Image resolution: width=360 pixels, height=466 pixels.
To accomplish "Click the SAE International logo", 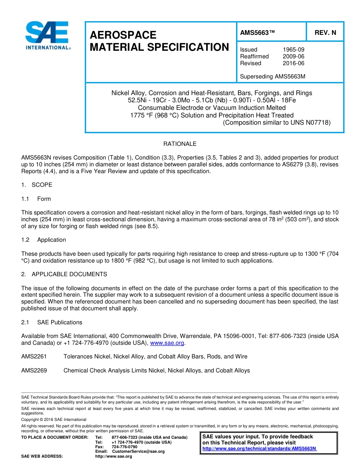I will [47, 35].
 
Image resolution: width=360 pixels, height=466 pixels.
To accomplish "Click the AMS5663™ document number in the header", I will [257, 33].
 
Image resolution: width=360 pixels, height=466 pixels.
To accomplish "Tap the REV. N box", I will [325, 33].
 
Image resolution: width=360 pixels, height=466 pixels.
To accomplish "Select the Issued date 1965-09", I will [293, 50].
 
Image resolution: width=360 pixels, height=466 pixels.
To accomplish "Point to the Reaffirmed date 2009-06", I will [293, 56].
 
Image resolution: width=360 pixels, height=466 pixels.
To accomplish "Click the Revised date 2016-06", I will [293, 63].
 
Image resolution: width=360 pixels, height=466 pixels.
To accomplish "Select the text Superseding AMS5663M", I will [272, 77].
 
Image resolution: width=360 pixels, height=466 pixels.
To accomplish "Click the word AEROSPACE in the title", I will [123, 35].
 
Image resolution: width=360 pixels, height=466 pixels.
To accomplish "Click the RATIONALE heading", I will [180, 144].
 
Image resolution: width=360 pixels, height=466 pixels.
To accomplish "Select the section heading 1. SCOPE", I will [37, 185].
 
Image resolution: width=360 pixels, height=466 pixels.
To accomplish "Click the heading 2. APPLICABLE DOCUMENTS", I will [64, 274].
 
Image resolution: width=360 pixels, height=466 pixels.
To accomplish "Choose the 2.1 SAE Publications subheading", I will [52, 322].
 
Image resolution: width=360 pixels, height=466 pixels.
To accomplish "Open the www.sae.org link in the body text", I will [167, 343].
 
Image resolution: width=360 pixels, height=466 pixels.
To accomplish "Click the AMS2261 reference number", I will [34, 357].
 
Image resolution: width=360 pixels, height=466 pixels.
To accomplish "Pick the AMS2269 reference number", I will [34, 371].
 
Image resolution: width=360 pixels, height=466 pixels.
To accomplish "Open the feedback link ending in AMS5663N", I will [260, 449].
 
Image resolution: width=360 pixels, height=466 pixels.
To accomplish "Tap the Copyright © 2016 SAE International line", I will [54, 420].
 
